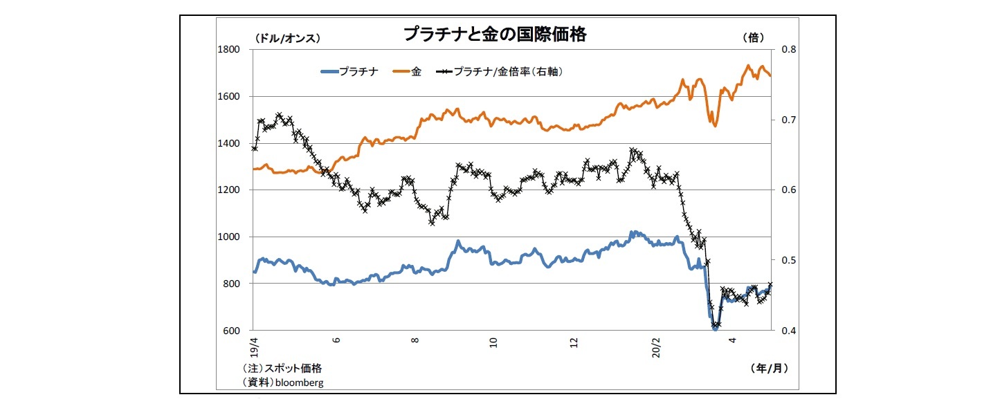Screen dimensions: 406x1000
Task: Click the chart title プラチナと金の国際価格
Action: (494, 34)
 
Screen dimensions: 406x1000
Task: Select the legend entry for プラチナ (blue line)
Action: (350, 71)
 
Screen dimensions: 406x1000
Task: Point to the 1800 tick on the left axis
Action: (230, 50)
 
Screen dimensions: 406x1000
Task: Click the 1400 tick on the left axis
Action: (230, 143)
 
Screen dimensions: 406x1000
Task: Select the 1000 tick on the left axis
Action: (230, 237)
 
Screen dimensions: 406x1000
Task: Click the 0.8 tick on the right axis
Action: (790, 50)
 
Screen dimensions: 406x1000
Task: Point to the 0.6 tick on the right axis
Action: (790, 190)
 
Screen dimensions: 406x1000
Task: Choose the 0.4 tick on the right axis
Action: (790, 331)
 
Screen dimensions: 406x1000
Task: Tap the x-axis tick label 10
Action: (493, 342)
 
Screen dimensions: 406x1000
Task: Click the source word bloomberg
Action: (299, 382)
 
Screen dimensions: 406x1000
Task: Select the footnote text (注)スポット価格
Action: (282, 369)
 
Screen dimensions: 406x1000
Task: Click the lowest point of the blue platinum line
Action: (716, 329)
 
